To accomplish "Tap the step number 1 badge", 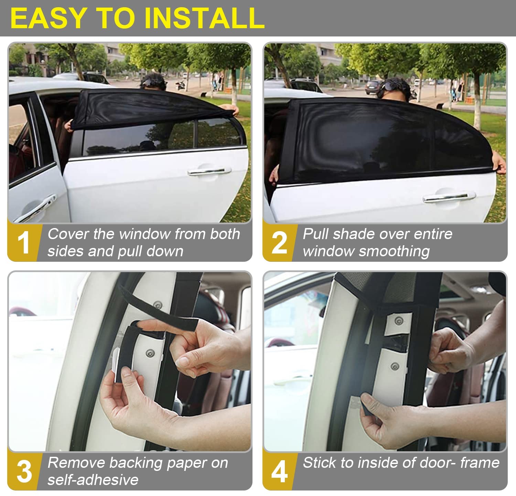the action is pyautogui.click(x=23, y=242).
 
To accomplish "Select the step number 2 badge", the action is pyautogui.click(x=279, y=242).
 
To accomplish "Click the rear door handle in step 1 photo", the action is pyautogui.click(x=209, y=171).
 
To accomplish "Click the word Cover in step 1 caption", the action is pyautogui.click(x=68, y=234).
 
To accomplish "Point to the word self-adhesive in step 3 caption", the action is pyautogui.click(x=93, y=479).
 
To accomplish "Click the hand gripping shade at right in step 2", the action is pyautogui.click(x=499, y=163).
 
